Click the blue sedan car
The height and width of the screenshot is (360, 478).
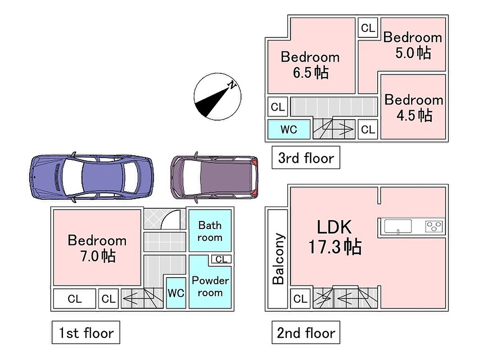[91, 177]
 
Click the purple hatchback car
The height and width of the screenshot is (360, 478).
[214, 177]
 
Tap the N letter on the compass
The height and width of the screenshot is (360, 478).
[232, 85]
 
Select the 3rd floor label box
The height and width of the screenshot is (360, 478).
[306, 157]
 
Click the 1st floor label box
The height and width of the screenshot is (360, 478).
[85, 332]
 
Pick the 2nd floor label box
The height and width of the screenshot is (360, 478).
[306, 332]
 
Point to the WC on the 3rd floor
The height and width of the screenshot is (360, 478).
[289, 129]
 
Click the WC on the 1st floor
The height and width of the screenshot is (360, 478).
[176, 293]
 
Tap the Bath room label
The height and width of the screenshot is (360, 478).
[210, 231]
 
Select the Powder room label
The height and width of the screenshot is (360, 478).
[210, 287]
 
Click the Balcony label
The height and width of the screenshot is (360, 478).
[278, 259]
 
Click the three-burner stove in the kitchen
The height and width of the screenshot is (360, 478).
[434, 226]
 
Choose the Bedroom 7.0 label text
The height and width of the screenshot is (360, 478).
[97, 248]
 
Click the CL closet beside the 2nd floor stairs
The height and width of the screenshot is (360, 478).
[300, 298]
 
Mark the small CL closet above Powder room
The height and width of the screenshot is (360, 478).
[221, 259]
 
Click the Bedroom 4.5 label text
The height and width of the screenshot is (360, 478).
[414, 108]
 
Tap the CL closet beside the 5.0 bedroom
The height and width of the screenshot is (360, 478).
[368, 28]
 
